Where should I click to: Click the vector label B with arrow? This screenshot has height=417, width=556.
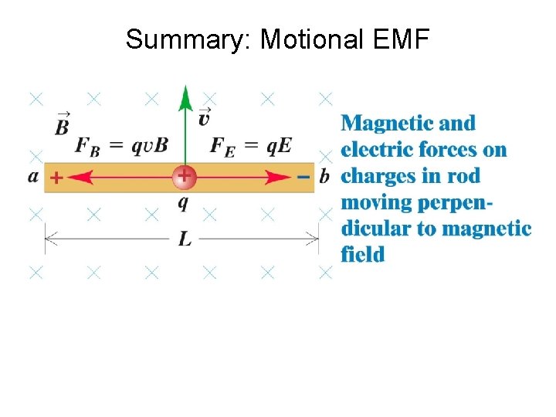[62, 124]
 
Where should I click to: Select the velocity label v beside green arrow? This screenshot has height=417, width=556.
[205, 117]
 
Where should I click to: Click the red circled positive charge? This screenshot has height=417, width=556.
[184, 177]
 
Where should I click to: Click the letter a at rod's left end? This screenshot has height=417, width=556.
[33, 176]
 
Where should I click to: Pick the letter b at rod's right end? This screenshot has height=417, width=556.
[324, 176]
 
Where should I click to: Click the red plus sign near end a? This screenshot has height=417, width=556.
[56, 178]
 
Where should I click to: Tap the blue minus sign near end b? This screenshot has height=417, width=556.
[303, 177]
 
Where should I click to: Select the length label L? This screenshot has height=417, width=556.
[185, 239]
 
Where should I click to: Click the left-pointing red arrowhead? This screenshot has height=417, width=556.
[81, 178]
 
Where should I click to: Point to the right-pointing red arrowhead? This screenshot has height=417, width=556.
[280, 178]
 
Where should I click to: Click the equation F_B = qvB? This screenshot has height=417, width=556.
[121, 147]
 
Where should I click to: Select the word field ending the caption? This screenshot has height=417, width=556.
[362, 254]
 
